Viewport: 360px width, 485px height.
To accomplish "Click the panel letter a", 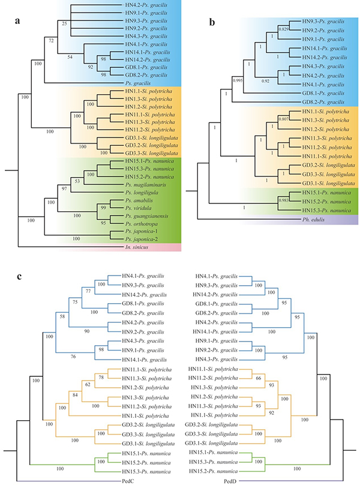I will tap(19, 24).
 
